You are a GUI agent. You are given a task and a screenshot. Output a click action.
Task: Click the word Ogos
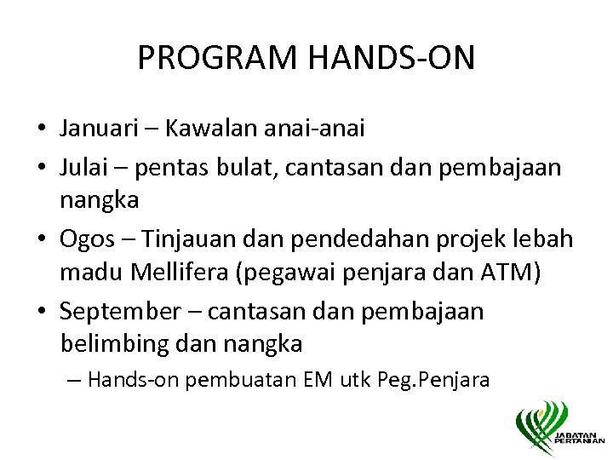pyautogui.click(x=84, y=240)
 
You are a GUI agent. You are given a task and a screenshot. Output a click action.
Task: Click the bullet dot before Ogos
pyautogui.click(x=42, y=241)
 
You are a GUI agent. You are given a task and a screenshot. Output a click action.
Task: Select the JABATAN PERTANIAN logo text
pyautogui.click(x=578, y=436)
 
